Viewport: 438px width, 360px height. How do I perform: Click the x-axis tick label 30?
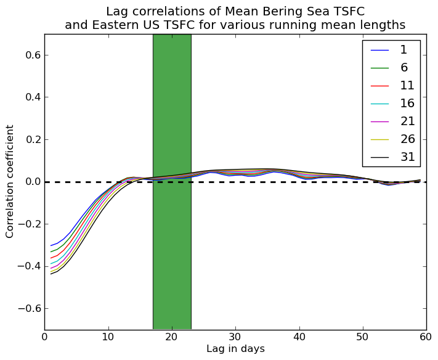[235, 337]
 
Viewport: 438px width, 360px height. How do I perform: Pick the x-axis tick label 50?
[362, 337]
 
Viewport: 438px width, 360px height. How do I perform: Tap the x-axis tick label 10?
[108, 337]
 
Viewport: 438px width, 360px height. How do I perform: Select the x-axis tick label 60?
[426, 337]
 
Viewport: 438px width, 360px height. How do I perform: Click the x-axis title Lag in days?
[235, 349]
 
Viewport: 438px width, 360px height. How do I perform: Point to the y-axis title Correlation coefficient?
[10, 181]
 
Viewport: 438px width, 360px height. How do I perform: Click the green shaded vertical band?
[172, 247]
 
